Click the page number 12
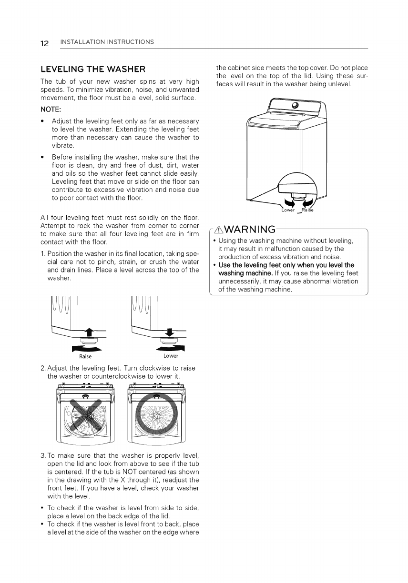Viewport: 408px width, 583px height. coord(44,43)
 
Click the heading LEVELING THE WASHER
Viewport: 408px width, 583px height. coord(93,70)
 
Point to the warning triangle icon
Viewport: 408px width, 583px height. coord(219,230)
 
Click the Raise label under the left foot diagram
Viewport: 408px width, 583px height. coord(85,356)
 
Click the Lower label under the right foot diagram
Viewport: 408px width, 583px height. coord(171,356)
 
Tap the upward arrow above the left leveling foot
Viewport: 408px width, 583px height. coord(89,332)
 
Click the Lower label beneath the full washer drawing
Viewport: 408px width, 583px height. coord(288,210)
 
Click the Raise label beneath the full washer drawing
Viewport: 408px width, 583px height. coord(307,210)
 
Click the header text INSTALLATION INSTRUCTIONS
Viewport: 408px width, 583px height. coord(107,42)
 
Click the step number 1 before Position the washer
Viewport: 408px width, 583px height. coord(42,254)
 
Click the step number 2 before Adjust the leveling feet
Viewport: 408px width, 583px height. coord(43,368)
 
